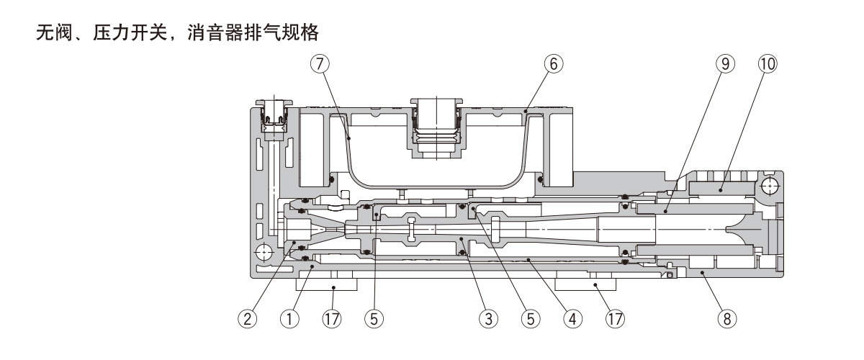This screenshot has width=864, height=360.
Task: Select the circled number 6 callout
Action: point(552,63)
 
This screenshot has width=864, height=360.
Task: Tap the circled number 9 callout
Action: point(727,63)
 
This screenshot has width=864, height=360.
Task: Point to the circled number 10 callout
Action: point(768,63)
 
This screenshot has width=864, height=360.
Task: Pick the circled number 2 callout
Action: point(248,318)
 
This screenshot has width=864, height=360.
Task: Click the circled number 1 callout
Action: point(291,318)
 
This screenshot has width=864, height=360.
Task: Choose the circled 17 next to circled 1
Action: point(333,318)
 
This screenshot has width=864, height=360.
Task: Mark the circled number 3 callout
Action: point(490,318)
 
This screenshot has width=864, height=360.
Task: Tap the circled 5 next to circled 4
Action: point(531,318)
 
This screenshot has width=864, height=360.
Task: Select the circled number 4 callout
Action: point(573,318)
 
